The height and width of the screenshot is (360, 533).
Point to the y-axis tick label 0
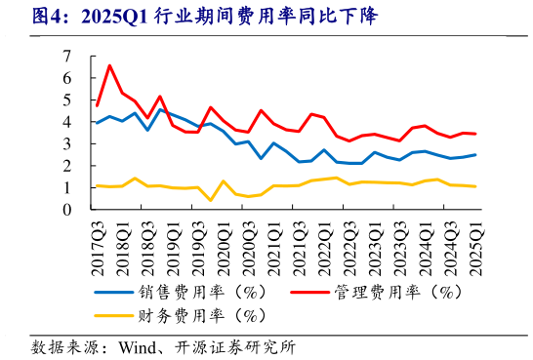point(68,209)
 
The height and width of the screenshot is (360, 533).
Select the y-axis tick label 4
point(68,121)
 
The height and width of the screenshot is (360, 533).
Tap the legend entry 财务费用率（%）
point(194,315)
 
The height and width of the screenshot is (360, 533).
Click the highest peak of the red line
point(109,65)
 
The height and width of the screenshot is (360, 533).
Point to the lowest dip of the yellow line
point(211,201)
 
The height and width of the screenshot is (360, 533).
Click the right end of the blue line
point(476,154)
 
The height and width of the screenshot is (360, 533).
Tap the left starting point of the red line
point(97,105)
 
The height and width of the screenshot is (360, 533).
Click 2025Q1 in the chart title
point(116,17)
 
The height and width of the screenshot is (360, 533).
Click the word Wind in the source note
point(138,346)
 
